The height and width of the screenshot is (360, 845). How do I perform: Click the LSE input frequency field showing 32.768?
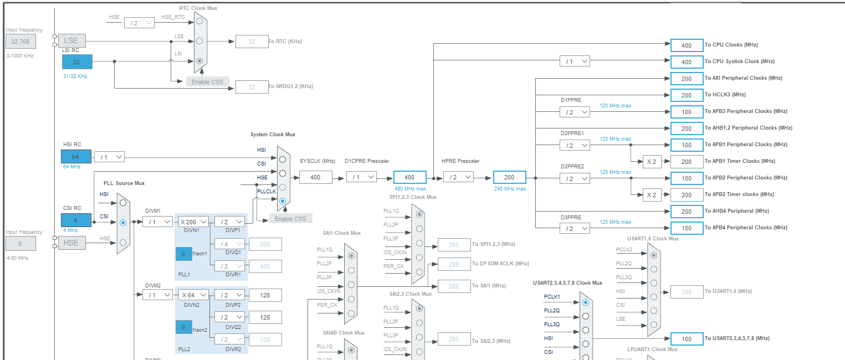click(x=21, y=42)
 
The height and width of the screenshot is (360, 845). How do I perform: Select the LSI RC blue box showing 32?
click(x=77, y=62)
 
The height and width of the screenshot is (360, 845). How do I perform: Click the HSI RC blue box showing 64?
click(x=76, y=157)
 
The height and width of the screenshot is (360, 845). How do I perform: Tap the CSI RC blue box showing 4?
click(x=76, y=220)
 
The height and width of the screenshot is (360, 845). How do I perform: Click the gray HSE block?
click(x=71, y=243)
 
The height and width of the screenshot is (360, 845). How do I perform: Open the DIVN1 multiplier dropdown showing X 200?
click(x=193, y=222)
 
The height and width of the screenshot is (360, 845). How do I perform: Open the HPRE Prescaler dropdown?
click(x=459, y=177)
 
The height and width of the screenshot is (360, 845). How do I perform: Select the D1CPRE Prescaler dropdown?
click(x=361, y=177)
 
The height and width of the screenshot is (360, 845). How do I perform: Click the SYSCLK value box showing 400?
click(x=315, y=177)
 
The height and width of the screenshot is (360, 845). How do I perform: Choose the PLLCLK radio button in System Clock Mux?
click(x=283, y=200)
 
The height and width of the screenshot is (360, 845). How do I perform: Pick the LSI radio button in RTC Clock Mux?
click(x=199, y=60)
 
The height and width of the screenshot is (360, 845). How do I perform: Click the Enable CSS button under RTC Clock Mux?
click(x=207, y=82)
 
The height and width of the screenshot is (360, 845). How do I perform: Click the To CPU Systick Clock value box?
click(x=686, y=62)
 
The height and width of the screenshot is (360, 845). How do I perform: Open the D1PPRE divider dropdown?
click(x=575, y=112)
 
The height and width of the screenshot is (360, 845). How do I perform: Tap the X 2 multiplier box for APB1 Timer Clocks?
click(x=651, y=162)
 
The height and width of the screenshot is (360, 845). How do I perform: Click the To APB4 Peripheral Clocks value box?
click(x=686, y=228)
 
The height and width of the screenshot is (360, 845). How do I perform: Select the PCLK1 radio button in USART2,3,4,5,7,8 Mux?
click(x=586, y=302)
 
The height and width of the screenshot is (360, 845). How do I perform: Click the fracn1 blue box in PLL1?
click(x=183, y=254)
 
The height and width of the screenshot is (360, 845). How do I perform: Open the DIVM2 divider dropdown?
click(x=157, y=295)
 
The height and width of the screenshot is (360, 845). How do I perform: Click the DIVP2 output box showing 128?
click(x=265, y=295)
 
